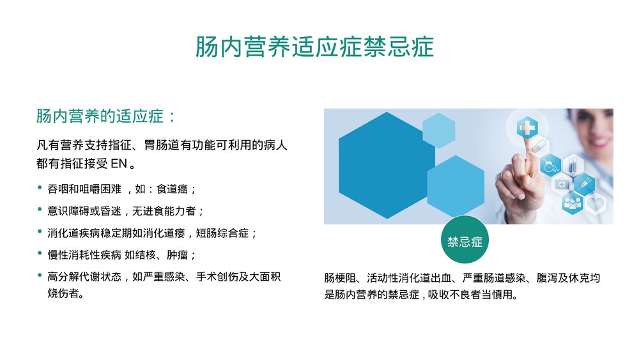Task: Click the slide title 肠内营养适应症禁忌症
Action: tap(314, 47)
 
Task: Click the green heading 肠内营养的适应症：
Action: tap(105, 117)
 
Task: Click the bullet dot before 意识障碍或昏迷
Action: tap(41, 211)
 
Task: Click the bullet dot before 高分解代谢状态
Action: tap(41, 277)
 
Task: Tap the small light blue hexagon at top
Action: tap(438, 130)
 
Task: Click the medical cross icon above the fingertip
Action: tap(527, 128)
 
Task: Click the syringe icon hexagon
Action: tap(584, 185)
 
